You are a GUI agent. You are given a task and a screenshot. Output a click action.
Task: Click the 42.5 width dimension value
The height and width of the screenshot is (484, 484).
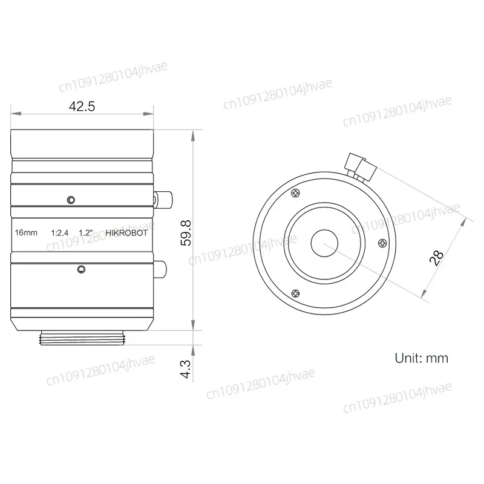pos(82,106)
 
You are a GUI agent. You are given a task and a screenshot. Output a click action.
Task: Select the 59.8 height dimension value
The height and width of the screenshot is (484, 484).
pos(186,233)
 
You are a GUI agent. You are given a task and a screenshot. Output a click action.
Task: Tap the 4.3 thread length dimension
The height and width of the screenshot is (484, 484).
pos(186,369)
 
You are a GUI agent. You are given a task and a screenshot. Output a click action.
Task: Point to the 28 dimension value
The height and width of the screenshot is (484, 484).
pos(436,258)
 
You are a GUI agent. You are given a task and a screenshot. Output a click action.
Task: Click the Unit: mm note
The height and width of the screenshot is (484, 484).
pos(421,358)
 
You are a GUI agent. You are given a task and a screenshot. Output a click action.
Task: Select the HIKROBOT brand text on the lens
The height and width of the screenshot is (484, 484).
pos(126,233)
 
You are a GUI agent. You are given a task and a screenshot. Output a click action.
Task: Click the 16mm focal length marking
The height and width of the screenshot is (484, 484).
pos(26,233)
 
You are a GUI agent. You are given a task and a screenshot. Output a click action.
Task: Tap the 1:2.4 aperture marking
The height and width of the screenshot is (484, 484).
pos(59,233)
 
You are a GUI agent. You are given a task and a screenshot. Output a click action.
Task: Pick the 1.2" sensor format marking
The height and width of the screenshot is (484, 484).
pos(86,233)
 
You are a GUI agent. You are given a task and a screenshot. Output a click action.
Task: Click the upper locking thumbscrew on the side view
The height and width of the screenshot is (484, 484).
pos(163,200)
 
